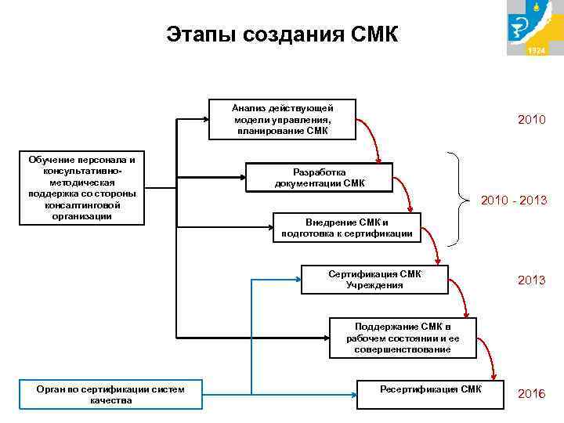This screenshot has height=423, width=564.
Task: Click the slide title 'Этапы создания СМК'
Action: click(282, 34)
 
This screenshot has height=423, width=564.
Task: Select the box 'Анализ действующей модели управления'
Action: click(282, 119)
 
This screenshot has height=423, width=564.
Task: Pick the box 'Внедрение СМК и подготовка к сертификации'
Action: click(346, 228)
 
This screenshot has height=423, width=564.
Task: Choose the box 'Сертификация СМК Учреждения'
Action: click(374, 280)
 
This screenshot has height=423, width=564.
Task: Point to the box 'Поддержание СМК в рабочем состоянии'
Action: click(402, 338)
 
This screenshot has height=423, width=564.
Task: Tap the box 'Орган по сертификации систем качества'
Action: click(110, 394)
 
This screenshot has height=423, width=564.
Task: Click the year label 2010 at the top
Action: click(531, 120)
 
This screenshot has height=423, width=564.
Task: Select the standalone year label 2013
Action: click(531, 280)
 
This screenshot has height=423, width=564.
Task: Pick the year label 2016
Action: click(531, 393)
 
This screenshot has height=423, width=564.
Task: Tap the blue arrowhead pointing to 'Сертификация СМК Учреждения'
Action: click(297, 280)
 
